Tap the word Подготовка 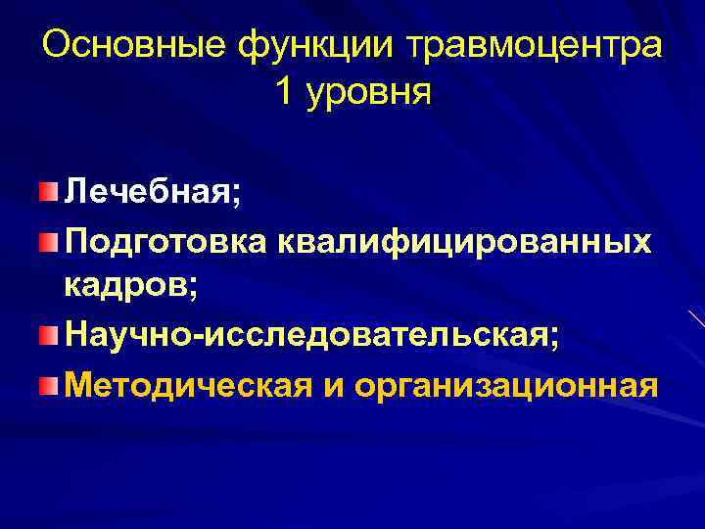pos(163,242)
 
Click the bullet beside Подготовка pos(49,240)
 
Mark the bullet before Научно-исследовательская pos(49,336)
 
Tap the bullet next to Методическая pos(49,385)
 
